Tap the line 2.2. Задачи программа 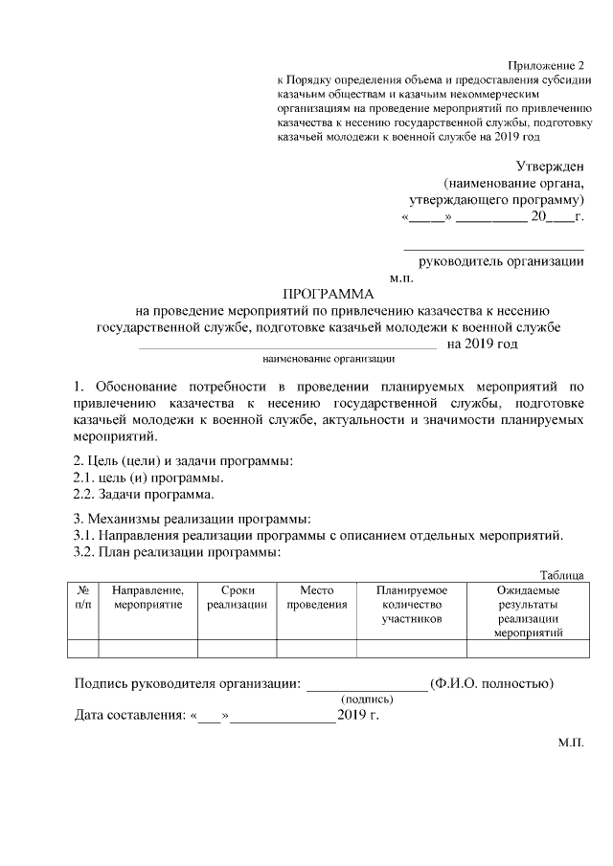pos(144,495)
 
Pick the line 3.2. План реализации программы pos(177,552)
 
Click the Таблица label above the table pos(561,574)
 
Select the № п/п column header pos(83,598)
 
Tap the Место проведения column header pos(316,598)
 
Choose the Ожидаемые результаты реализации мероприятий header pos(528,611)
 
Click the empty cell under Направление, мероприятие pos(148,649)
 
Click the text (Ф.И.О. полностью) pos(491,683)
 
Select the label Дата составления pos(131,716)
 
